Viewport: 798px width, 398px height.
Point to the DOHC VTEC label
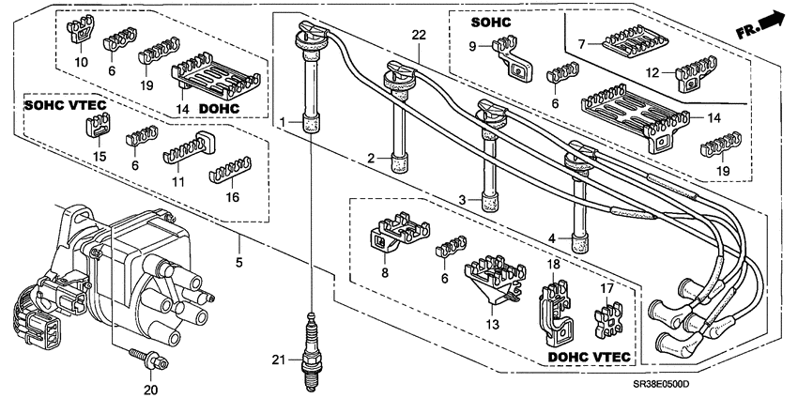pyautogui.click(x=589, y=359)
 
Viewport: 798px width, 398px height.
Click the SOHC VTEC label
pyautogui.click(x=64, y=105)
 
